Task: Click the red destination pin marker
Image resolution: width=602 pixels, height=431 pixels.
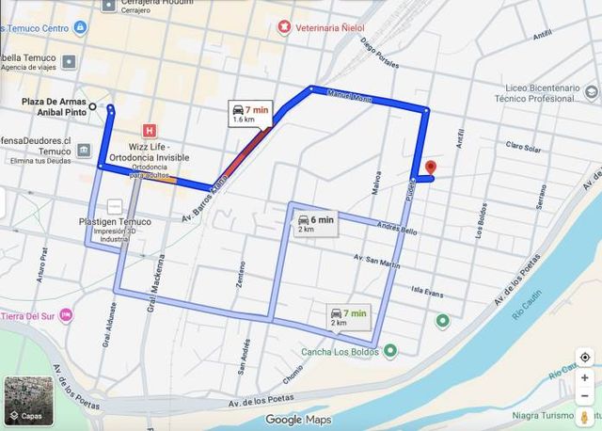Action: coord(430,168)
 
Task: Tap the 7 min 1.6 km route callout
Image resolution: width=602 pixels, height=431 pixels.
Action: coord(249,114)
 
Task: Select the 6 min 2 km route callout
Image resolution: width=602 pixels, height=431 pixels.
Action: coord(314,224)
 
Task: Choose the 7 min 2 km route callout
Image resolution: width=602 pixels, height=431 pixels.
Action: coord(347,317)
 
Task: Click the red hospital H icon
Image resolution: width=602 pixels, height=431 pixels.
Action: coord(148,130)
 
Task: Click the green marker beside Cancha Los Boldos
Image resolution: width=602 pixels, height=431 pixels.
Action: coord(390,352)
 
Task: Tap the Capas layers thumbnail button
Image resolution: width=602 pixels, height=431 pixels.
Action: coord(24,400)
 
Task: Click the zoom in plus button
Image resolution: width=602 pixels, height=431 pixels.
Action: coord(585,379)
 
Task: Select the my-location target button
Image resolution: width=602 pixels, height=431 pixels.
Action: coord(585,358)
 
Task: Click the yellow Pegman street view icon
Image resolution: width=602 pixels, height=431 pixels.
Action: coord(585,415)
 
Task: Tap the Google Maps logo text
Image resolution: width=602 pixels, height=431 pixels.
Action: coord(298,420)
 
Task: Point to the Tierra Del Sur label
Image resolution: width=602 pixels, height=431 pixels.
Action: coord(28,314)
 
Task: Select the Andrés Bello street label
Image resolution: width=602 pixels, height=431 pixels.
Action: coord(396,228)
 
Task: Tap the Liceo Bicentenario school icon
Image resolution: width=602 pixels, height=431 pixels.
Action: coord(590,92)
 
